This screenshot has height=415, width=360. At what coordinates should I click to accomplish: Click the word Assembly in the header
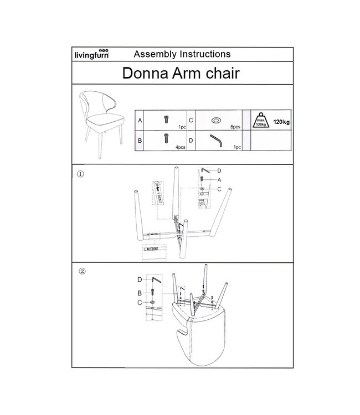click(152, 54)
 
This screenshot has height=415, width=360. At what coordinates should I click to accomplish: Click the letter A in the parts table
click(140, 120)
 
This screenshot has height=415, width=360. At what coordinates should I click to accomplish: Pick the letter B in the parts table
click(140, 141)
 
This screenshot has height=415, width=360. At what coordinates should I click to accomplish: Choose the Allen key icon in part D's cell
click(215, 141)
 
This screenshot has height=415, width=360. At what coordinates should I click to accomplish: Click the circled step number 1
click(81, 173)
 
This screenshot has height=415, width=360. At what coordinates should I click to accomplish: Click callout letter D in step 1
click(219, 170)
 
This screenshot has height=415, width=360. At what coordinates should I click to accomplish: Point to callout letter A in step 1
click(219, 180)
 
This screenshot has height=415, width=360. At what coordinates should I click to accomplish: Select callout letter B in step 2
click(140, 292)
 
